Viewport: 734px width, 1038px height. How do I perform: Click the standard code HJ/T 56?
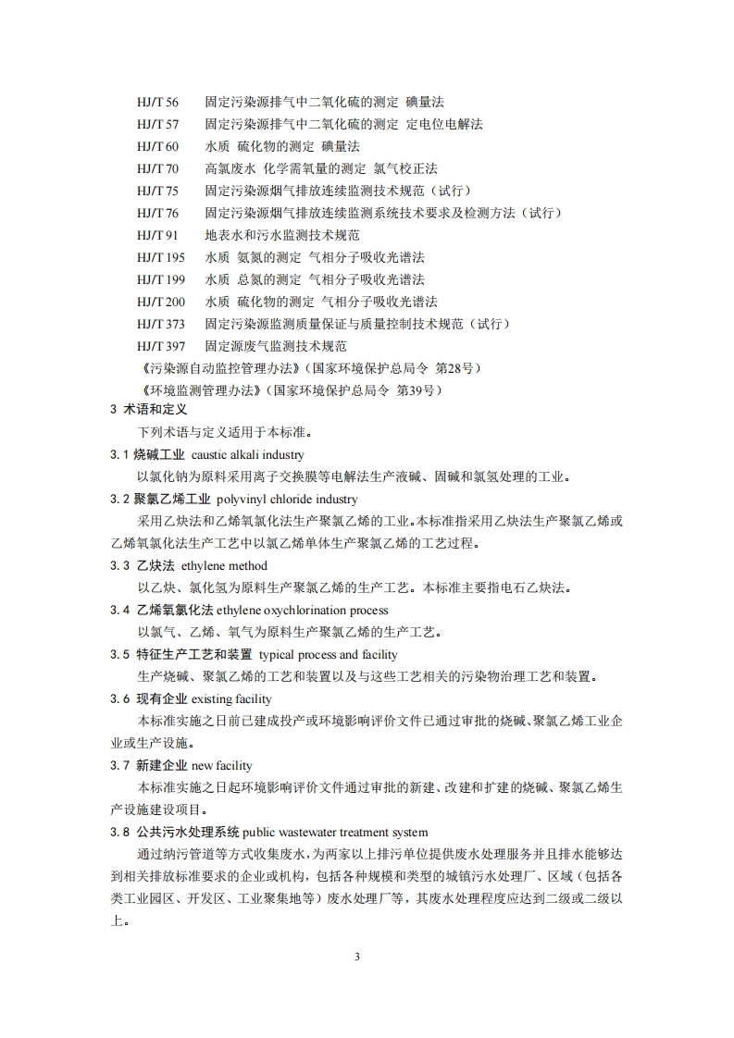coord(157,102)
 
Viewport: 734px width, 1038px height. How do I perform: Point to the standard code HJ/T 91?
coord(157,235)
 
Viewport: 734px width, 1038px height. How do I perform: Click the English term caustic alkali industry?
coord(247,455)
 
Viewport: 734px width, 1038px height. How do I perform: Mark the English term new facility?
coord(221,766)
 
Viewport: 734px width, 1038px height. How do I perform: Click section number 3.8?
coord(119,833)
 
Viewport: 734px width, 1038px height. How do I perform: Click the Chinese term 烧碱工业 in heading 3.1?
coord(159,455)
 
